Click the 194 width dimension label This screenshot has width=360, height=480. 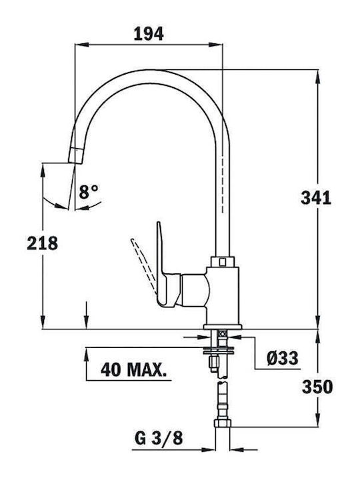point(149,34)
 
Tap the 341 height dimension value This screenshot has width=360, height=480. point(316,198)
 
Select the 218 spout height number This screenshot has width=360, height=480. point(42,243)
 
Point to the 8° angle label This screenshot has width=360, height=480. point(89,192)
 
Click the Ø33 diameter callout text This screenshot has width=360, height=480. point(282,358)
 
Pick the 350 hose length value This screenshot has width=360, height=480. point(317,387)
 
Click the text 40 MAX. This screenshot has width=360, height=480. point(134,370)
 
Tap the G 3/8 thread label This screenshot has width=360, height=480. point(159,438)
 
